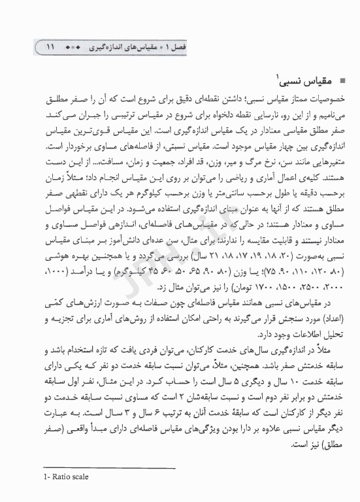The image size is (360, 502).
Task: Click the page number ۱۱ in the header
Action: coord(51,48)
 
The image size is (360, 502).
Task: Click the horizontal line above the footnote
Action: coord(112,467)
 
